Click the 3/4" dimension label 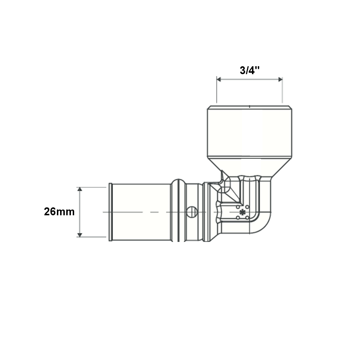coord(250,70)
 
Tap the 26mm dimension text coord(59,212)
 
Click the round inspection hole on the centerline coord(192,212)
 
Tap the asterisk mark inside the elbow coord(242,212)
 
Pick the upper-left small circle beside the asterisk coord(238,207)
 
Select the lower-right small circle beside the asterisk coord(247,217)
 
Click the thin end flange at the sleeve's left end coord(111,212)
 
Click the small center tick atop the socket coord(249,106)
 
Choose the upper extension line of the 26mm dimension coord(92,187)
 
